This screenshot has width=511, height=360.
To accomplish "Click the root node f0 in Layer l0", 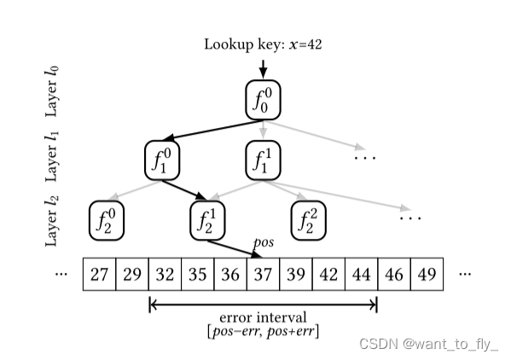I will (263, 100).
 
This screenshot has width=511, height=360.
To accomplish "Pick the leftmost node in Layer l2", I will (107, 221).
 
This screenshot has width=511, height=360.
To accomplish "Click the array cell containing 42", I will (328, 275).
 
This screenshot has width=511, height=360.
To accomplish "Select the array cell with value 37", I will (263, 275).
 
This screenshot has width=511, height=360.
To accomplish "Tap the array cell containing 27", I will (99, 275).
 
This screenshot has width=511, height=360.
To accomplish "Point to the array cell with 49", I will (427, 275).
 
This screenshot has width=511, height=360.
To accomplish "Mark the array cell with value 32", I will (165, 275).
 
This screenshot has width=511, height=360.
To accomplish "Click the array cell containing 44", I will (361, 275).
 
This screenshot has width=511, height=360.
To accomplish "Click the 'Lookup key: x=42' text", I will (262, 44).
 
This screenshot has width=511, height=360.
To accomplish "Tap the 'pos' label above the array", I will (264, 243).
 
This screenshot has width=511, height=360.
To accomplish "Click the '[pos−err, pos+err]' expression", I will (263, 331).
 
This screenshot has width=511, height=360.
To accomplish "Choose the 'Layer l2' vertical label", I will (53, 220).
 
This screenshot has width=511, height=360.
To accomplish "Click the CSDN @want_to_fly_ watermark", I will (428, 344).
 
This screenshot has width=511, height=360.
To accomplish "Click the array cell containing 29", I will (132, 275).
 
